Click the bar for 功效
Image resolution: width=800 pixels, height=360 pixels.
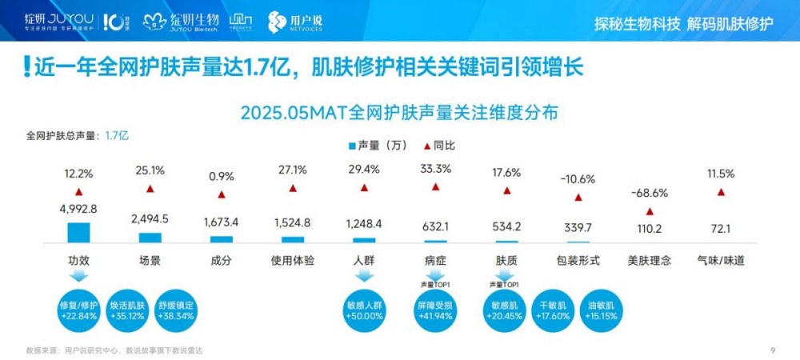78,232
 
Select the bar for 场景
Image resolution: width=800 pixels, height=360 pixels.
150,238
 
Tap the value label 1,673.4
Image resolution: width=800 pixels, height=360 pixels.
222,222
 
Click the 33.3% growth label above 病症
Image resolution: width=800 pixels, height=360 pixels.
435,169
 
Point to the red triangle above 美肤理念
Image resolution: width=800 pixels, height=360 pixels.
650,211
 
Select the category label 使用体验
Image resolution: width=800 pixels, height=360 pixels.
293,260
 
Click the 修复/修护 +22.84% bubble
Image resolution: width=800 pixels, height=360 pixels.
78,310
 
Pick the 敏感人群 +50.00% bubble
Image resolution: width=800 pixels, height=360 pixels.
365,310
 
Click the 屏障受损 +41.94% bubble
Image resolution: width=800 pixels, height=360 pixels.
435,310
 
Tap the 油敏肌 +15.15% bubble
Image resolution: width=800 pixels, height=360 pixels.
601,310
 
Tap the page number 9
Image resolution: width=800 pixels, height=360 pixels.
773,350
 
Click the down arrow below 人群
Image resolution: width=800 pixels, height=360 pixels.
365,276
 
